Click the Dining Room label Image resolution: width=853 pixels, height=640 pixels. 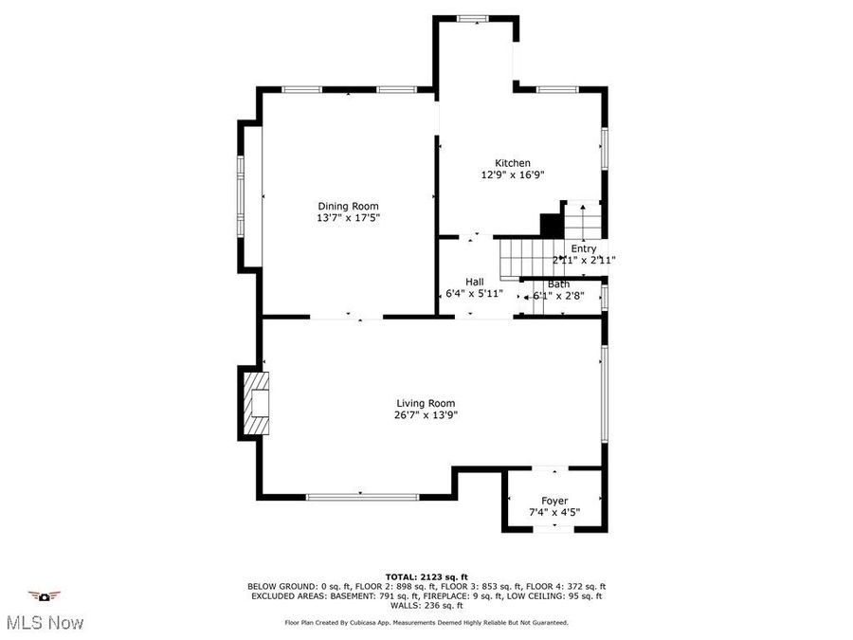(348, 206)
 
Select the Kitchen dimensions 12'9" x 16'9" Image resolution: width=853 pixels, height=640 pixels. (513, 174)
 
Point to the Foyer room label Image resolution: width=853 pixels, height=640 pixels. (554, 501)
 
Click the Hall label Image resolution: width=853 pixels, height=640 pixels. (474, 282)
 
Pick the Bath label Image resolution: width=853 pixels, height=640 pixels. (558, 284)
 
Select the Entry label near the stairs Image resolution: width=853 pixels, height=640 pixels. (583, 248)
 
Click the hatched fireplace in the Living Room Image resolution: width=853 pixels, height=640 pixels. (257, 403)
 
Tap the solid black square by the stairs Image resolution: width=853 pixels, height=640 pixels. (551, 226)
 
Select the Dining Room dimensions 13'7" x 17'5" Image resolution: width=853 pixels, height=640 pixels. (348, 218)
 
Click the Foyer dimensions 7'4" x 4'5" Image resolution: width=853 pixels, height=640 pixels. (554, 512)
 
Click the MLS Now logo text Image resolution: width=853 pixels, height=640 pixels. (45, 623)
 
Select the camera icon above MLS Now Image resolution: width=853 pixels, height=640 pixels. (44, 596)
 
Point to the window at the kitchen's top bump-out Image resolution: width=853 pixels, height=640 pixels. (471, 18)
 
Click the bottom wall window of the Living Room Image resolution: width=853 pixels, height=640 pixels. (362, 496)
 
